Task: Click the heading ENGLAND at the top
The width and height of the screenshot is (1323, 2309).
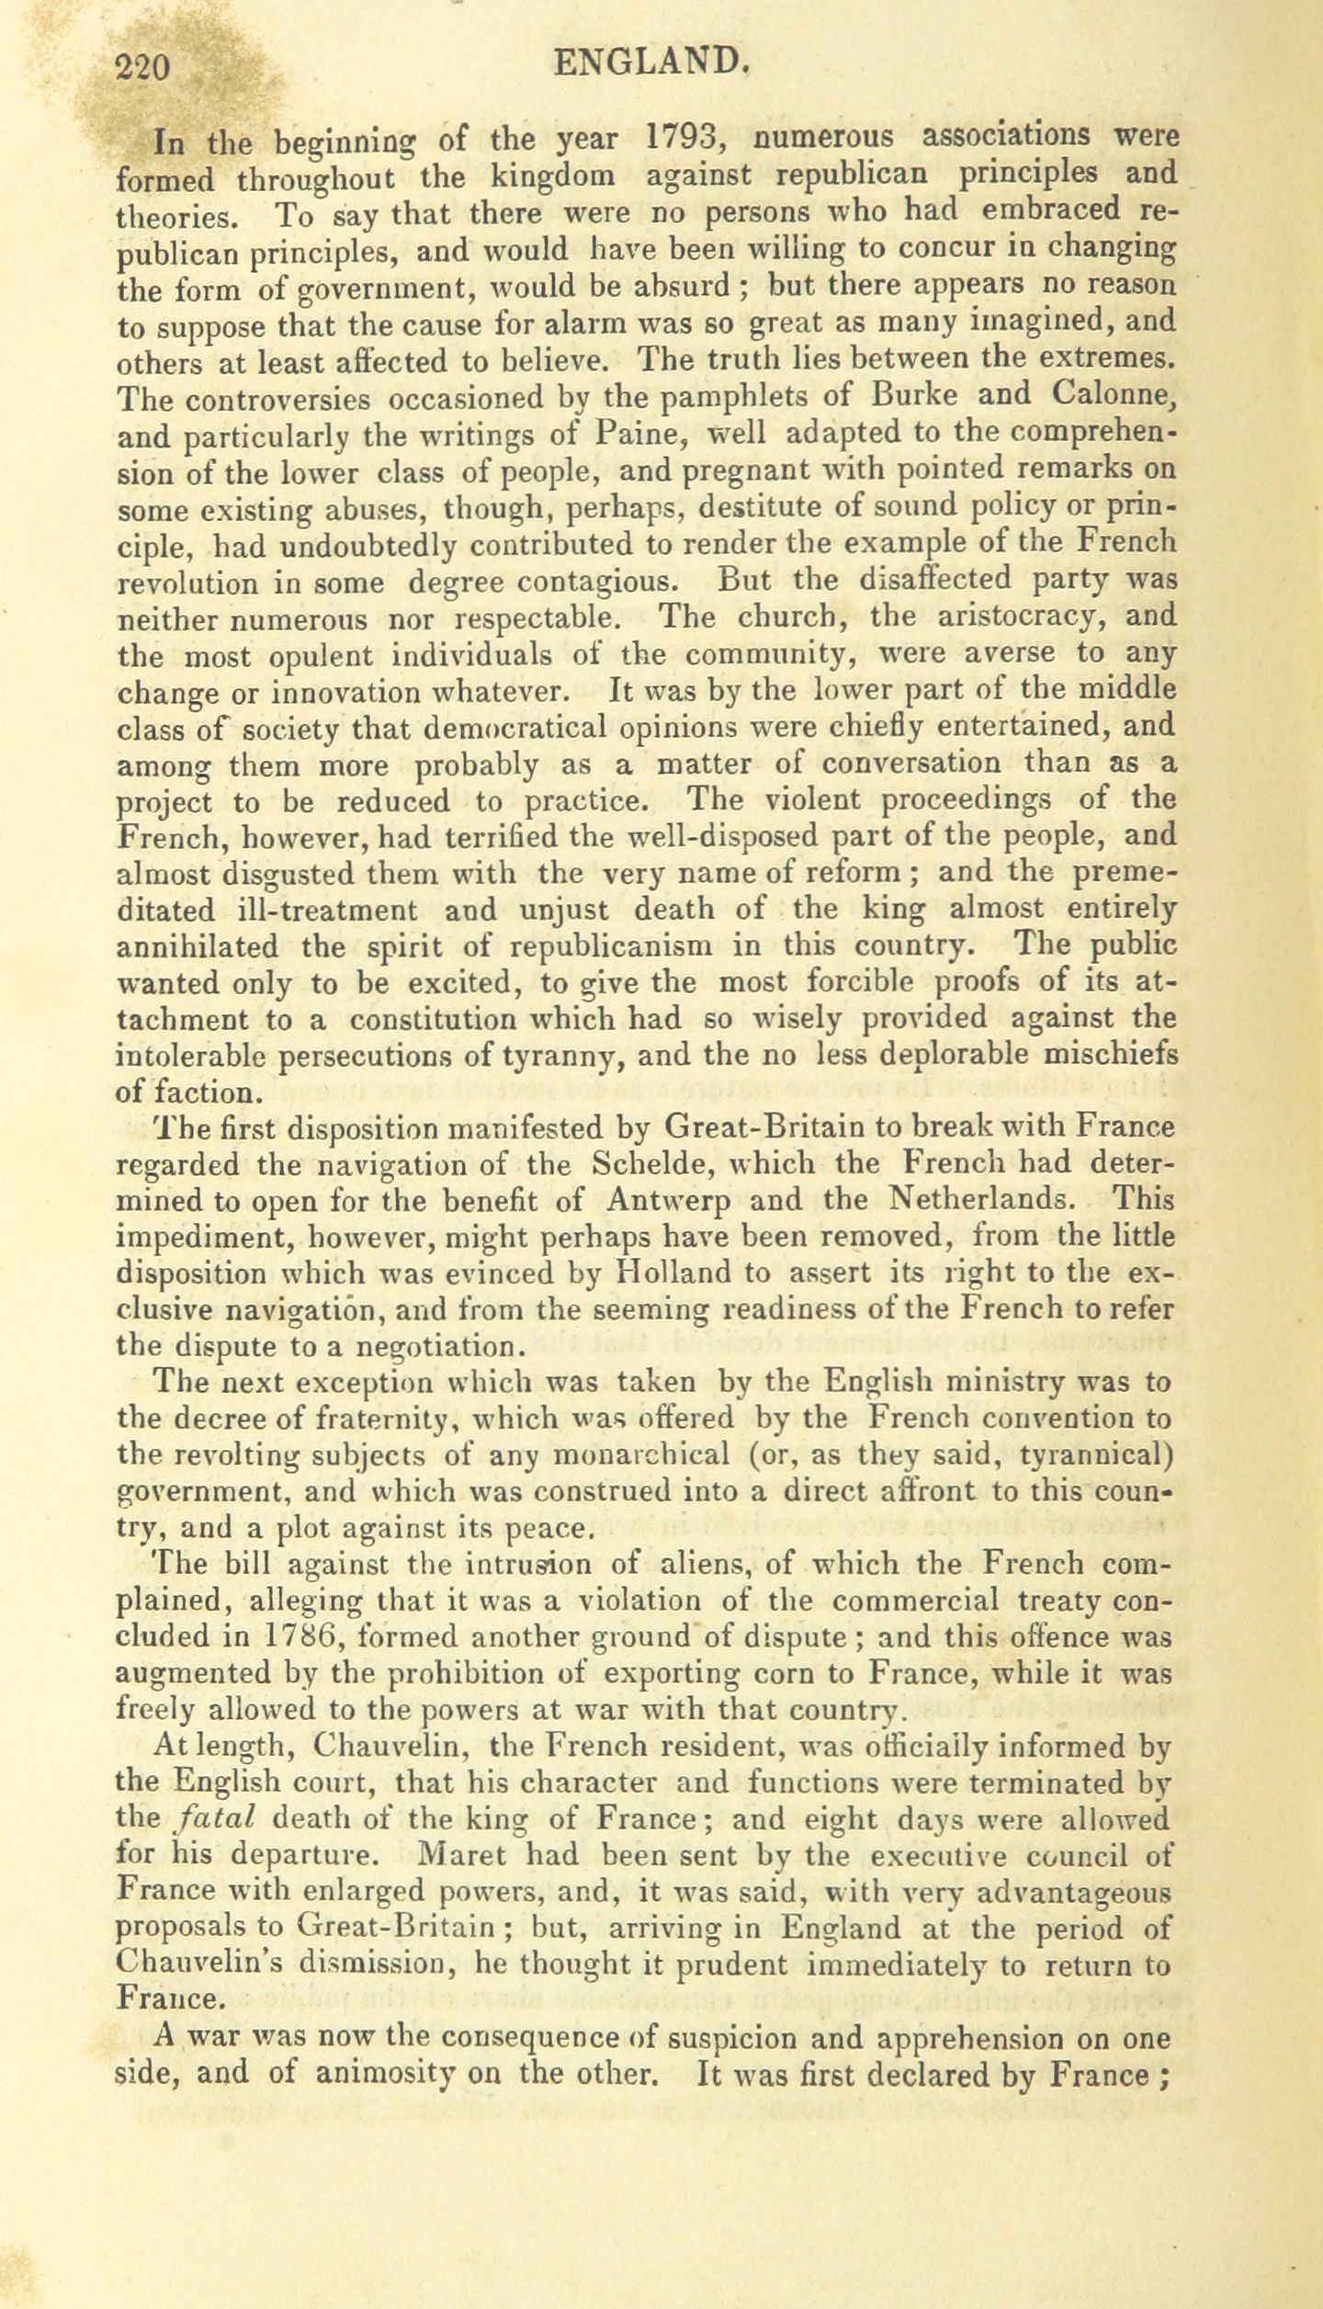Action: click(x=655, y=62)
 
